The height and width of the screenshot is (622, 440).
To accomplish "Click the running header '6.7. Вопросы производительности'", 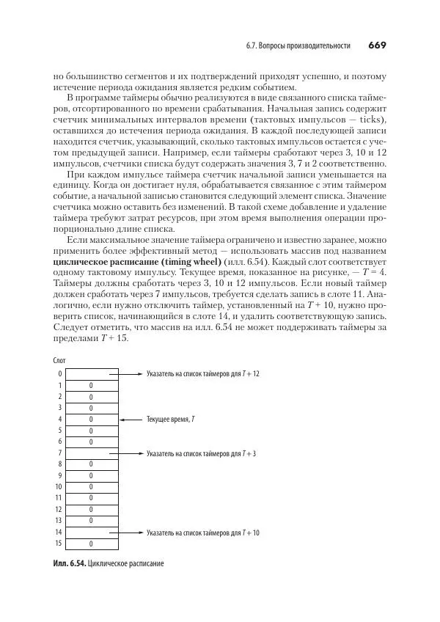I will click(x=298, y=46).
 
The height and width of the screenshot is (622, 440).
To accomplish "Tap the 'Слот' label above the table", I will click(x=60, y=360).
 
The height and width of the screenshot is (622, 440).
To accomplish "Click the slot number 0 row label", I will click(x=59, y=373).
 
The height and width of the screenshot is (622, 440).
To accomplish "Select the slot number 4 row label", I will click(x=59, y=420).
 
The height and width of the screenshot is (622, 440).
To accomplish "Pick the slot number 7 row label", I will click(x=59, y=453).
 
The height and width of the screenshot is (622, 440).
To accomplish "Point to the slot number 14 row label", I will click(x=58, y=533).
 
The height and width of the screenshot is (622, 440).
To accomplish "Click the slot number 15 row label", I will click(x=58, y=544).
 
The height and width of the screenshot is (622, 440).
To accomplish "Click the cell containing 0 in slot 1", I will click(x=91, y=385).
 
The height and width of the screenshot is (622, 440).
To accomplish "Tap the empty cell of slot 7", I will click(x=91, y=453).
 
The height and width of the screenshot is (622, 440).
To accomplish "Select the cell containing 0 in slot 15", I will click(x=91, y=544).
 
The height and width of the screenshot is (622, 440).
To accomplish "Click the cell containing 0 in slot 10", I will click(x=91, y=487).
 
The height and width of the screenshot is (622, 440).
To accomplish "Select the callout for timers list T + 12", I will click(x=203, y=373).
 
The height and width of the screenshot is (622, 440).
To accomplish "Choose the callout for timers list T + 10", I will click(x=203, y=533).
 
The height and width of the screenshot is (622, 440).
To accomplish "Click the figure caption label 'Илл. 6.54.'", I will click(x=70, y=563).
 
